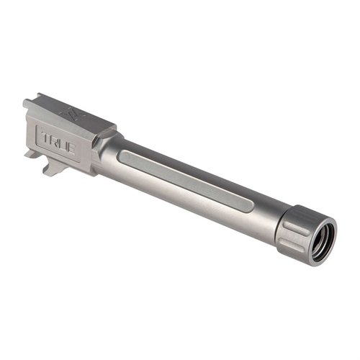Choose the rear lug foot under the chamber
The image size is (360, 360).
(32, 153)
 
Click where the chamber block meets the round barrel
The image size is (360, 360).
(98, 151)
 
